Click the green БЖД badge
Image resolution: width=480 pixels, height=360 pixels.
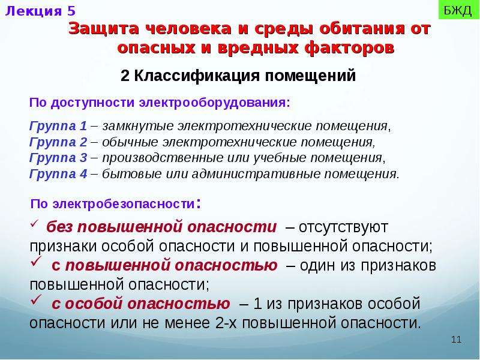tap(458, 10)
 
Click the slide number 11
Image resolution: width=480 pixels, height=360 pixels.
tap(456, 340)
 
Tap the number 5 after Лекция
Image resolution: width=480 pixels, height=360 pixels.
tap(71, 11)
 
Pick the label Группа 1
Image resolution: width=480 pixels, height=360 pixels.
tap(58, 126)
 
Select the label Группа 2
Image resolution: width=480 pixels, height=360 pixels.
tap(58, 142)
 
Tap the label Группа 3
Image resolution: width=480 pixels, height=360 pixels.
tap(58, 158)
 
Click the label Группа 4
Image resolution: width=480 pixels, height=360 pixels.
tap(58, 174)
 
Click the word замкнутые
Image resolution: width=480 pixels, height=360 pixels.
tap(138, 126)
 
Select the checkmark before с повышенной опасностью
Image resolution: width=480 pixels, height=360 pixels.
tap(36, 262)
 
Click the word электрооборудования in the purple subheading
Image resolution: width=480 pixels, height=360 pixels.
tap(214, 103)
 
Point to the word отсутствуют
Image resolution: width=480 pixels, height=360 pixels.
tap(343, 227)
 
